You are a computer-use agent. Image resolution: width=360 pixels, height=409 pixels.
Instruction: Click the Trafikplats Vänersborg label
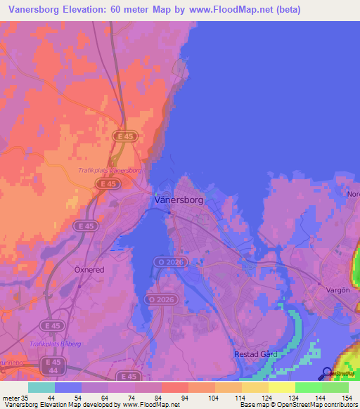tap(110, 170)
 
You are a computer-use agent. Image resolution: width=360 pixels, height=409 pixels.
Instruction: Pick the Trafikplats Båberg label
tap(56, 343)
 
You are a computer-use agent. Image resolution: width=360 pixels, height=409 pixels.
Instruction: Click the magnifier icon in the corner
tap(327, 374)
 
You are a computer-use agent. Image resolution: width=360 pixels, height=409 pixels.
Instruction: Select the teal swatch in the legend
tap(41, 387)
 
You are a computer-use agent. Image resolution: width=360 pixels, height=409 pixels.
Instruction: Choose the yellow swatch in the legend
tap(281, 387)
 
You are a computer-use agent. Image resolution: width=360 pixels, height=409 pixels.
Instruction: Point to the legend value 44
tap(51, 397)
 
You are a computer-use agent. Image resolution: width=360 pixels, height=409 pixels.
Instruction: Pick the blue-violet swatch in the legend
tap(67, 387)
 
